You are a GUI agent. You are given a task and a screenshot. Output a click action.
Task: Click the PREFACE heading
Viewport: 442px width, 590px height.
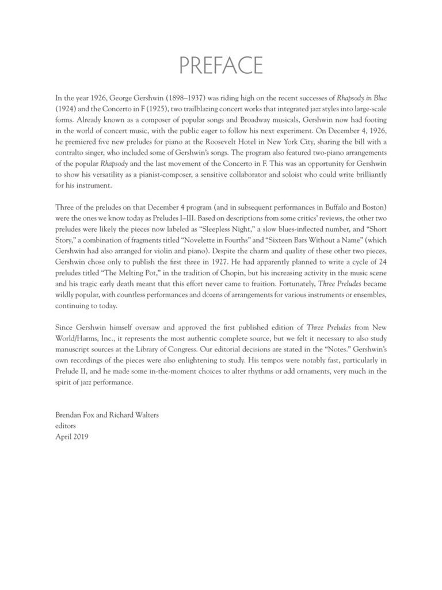coord(221,66)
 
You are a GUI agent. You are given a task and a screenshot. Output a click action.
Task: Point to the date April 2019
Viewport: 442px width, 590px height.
coord(72,436)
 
